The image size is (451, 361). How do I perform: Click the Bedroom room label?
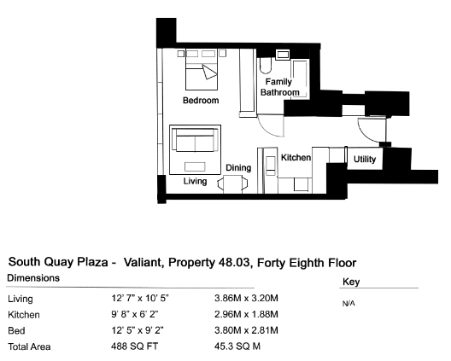pyautogui.click(x=201, y=101)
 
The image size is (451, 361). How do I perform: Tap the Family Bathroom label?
pyautogui.click(x=279, y=87)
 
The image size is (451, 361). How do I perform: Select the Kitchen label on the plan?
pyautogui.click(x=296, y=158)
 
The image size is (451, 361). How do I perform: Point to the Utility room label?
pyautogui.click(x=365, y=159)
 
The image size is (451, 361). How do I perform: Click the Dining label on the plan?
pyautogui.click(x=238, y=167)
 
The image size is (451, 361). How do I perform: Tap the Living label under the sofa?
pyautogui.click(x=195, y=181)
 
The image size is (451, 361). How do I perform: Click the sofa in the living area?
pyautogui.click(x=195, y=140)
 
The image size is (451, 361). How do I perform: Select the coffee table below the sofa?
pyautogui.click(x=195, y=166)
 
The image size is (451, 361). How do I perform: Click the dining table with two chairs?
pyautogui.click(x=232, y=184)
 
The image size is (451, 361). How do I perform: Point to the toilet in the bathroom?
pyautogui.click(x=265, y=66)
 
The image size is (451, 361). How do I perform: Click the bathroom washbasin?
pyautogui.click(x=283, y=55)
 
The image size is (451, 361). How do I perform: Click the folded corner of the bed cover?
pyautogui.click(x=208, y=72)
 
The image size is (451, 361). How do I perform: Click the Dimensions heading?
pyautogui.click(x=33, y=278)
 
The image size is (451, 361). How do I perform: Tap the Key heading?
pyautogui.click(x=351, y=282)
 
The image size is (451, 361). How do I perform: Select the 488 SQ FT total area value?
pyautogui.click(x=135, y=346)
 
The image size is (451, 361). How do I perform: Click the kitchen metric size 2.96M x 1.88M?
pyautogui.click(x=246, y=314)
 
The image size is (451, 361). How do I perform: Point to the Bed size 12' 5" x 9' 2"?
pyautogui.click(x=138, y=330)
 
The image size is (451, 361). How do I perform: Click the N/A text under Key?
pyautogui.click(x=348, y=304)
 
